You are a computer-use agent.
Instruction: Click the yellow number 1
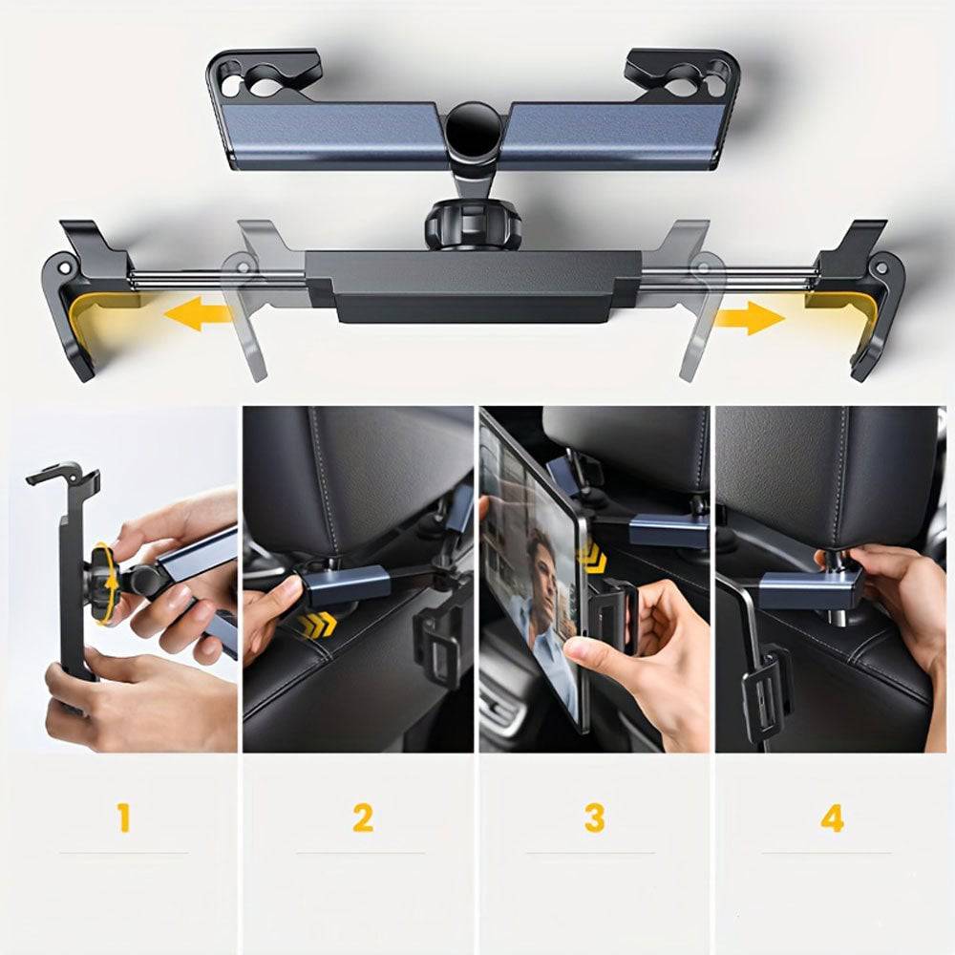[x=124, y=817]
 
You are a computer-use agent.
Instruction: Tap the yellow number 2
[x=362, y=817]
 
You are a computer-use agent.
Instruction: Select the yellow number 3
[x=594, y=817]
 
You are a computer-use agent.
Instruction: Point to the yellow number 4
[x=832, y=818]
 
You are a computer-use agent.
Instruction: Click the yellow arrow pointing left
[x=198, y=313]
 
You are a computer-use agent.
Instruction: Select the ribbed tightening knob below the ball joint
[x=474, y=226]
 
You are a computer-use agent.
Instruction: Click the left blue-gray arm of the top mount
[x=332, y=136]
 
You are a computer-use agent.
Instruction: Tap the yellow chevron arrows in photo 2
[x=318, y=623]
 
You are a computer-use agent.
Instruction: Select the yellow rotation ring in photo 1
[x=108, y=583]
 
